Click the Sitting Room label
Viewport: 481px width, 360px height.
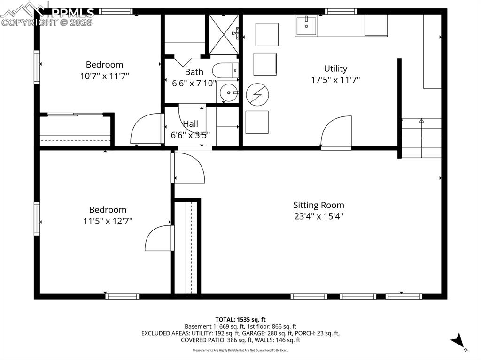318,205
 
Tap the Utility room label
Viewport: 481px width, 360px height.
335,69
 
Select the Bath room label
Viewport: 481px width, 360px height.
194,72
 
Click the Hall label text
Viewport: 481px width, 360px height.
190,124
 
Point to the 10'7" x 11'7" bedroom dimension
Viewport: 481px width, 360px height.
104,76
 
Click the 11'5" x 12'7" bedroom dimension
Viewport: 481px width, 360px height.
108,221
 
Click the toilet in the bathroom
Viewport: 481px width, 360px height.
225,71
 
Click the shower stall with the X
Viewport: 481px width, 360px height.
224,34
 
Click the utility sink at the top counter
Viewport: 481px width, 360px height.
306,25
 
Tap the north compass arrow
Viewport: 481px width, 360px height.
458,341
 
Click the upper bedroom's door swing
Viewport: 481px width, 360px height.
146,129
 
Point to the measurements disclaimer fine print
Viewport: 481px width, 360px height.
240,350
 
